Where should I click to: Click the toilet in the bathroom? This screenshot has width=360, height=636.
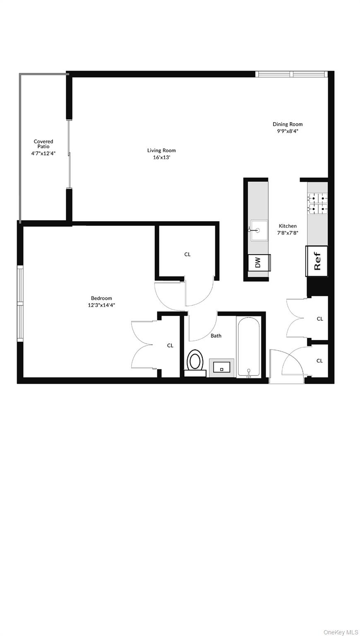click(x=195, y=361)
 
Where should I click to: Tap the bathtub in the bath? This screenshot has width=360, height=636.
click(x=248, y=346)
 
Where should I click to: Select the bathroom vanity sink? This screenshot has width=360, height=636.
click(x=221, y=367)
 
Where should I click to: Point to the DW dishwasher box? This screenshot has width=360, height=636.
click(x=259, y=262)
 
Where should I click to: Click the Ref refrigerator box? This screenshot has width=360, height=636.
click(x=317, y=261)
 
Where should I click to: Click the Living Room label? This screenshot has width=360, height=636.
click(x=161, y=150)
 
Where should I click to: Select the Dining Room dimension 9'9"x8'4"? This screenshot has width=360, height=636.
click(x=288, y=131)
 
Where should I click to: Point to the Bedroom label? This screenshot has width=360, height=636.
click(x=101, y=298)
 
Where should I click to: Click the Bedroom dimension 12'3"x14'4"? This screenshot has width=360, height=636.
click(x=101, y=305)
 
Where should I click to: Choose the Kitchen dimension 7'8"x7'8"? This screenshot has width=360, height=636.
click(x=288, y=233)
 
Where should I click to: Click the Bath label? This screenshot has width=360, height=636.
click(x=216, y=336)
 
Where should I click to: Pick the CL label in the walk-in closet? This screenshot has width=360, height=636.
click(x=187, y=254)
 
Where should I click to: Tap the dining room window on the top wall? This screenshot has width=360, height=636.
click(x=292, y=74)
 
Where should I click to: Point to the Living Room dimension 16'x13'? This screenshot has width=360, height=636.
click(x=161, y=157)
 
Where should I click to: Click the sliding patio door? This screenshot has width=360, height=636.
click(x=70, y=154)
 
